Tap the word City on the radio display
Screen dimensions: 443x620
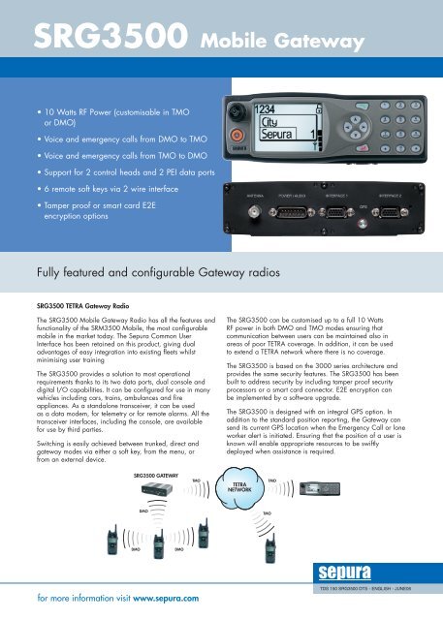(x=273, y=123)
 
